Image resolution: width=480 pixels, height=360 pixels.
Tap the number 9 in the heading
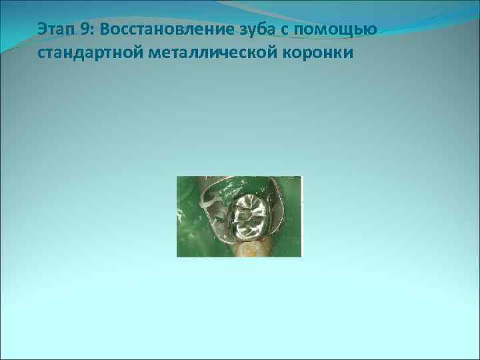(x=85, y=31)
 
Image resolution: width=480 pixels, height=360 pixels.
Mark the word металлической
(x=202, y=53)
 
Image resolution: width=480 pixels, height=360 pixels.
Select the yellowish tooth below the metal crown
(x=253, y=249)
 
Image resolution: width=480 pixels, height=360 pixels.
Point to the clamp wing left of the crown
(x=214, y=210)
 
